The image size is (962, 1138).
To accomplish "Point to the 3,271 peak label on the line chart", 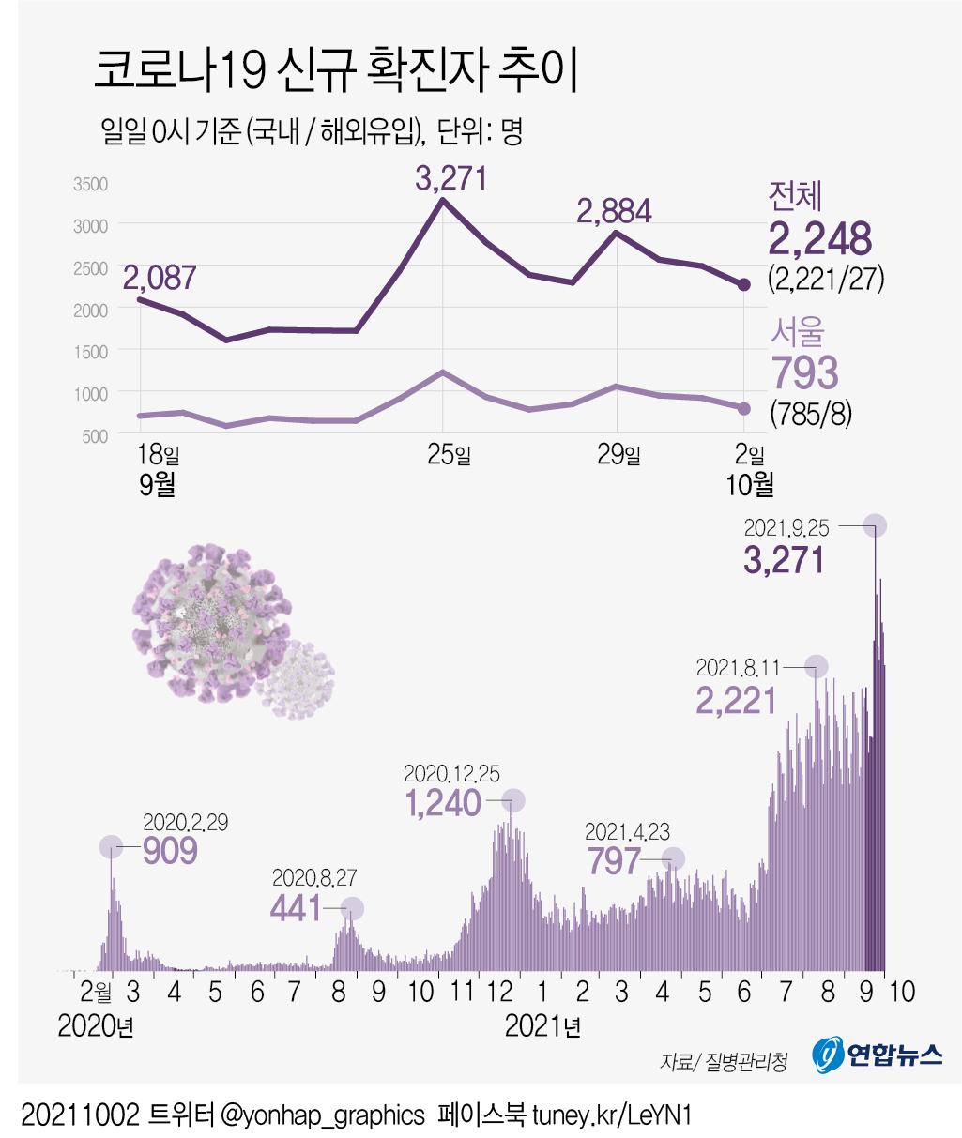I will [451, 177].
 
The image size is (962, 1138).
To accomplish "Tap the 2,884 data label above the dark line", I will [614, 211].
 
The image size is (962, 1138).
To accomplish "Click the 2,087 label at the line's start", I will [160, 277].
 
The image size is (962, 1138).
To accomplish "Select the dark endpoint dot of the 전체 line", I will [744, 284].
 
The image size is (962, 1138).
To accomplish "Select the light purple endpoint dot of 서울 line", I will [744, 408].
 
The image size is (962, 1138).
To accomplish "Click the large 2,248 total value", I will [820, 239].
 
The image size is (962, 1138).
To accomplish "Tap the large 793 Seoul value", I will [804, 372].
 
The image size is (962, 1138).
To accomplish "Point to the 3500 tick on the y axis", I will [91, 184].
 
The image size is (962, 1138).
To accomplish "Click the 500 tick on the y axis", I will [95, 436].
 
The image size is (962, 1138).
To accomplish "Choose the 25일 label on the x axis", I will [449, 456].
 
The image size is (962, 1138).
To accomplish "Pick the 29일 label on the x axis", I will [618, 456].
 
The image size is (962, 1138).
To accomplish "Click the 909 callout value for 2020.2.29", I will [170, 851].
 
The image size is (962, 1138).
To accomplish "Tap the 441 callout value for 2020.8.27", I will [296, 907].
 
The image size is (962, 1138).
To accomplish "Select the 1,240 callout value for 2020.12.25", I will [443, 803].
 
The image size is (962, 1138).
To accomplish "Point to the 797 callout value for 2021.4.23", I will [614, 860].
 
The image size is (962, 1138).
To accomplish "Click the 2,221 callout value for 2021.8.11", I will [737, 701].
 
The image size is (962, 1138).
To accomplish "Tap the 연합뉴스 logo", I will [877, 1055].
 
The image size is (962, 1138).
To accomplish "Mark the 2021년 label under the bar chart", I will [542, 1026].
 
